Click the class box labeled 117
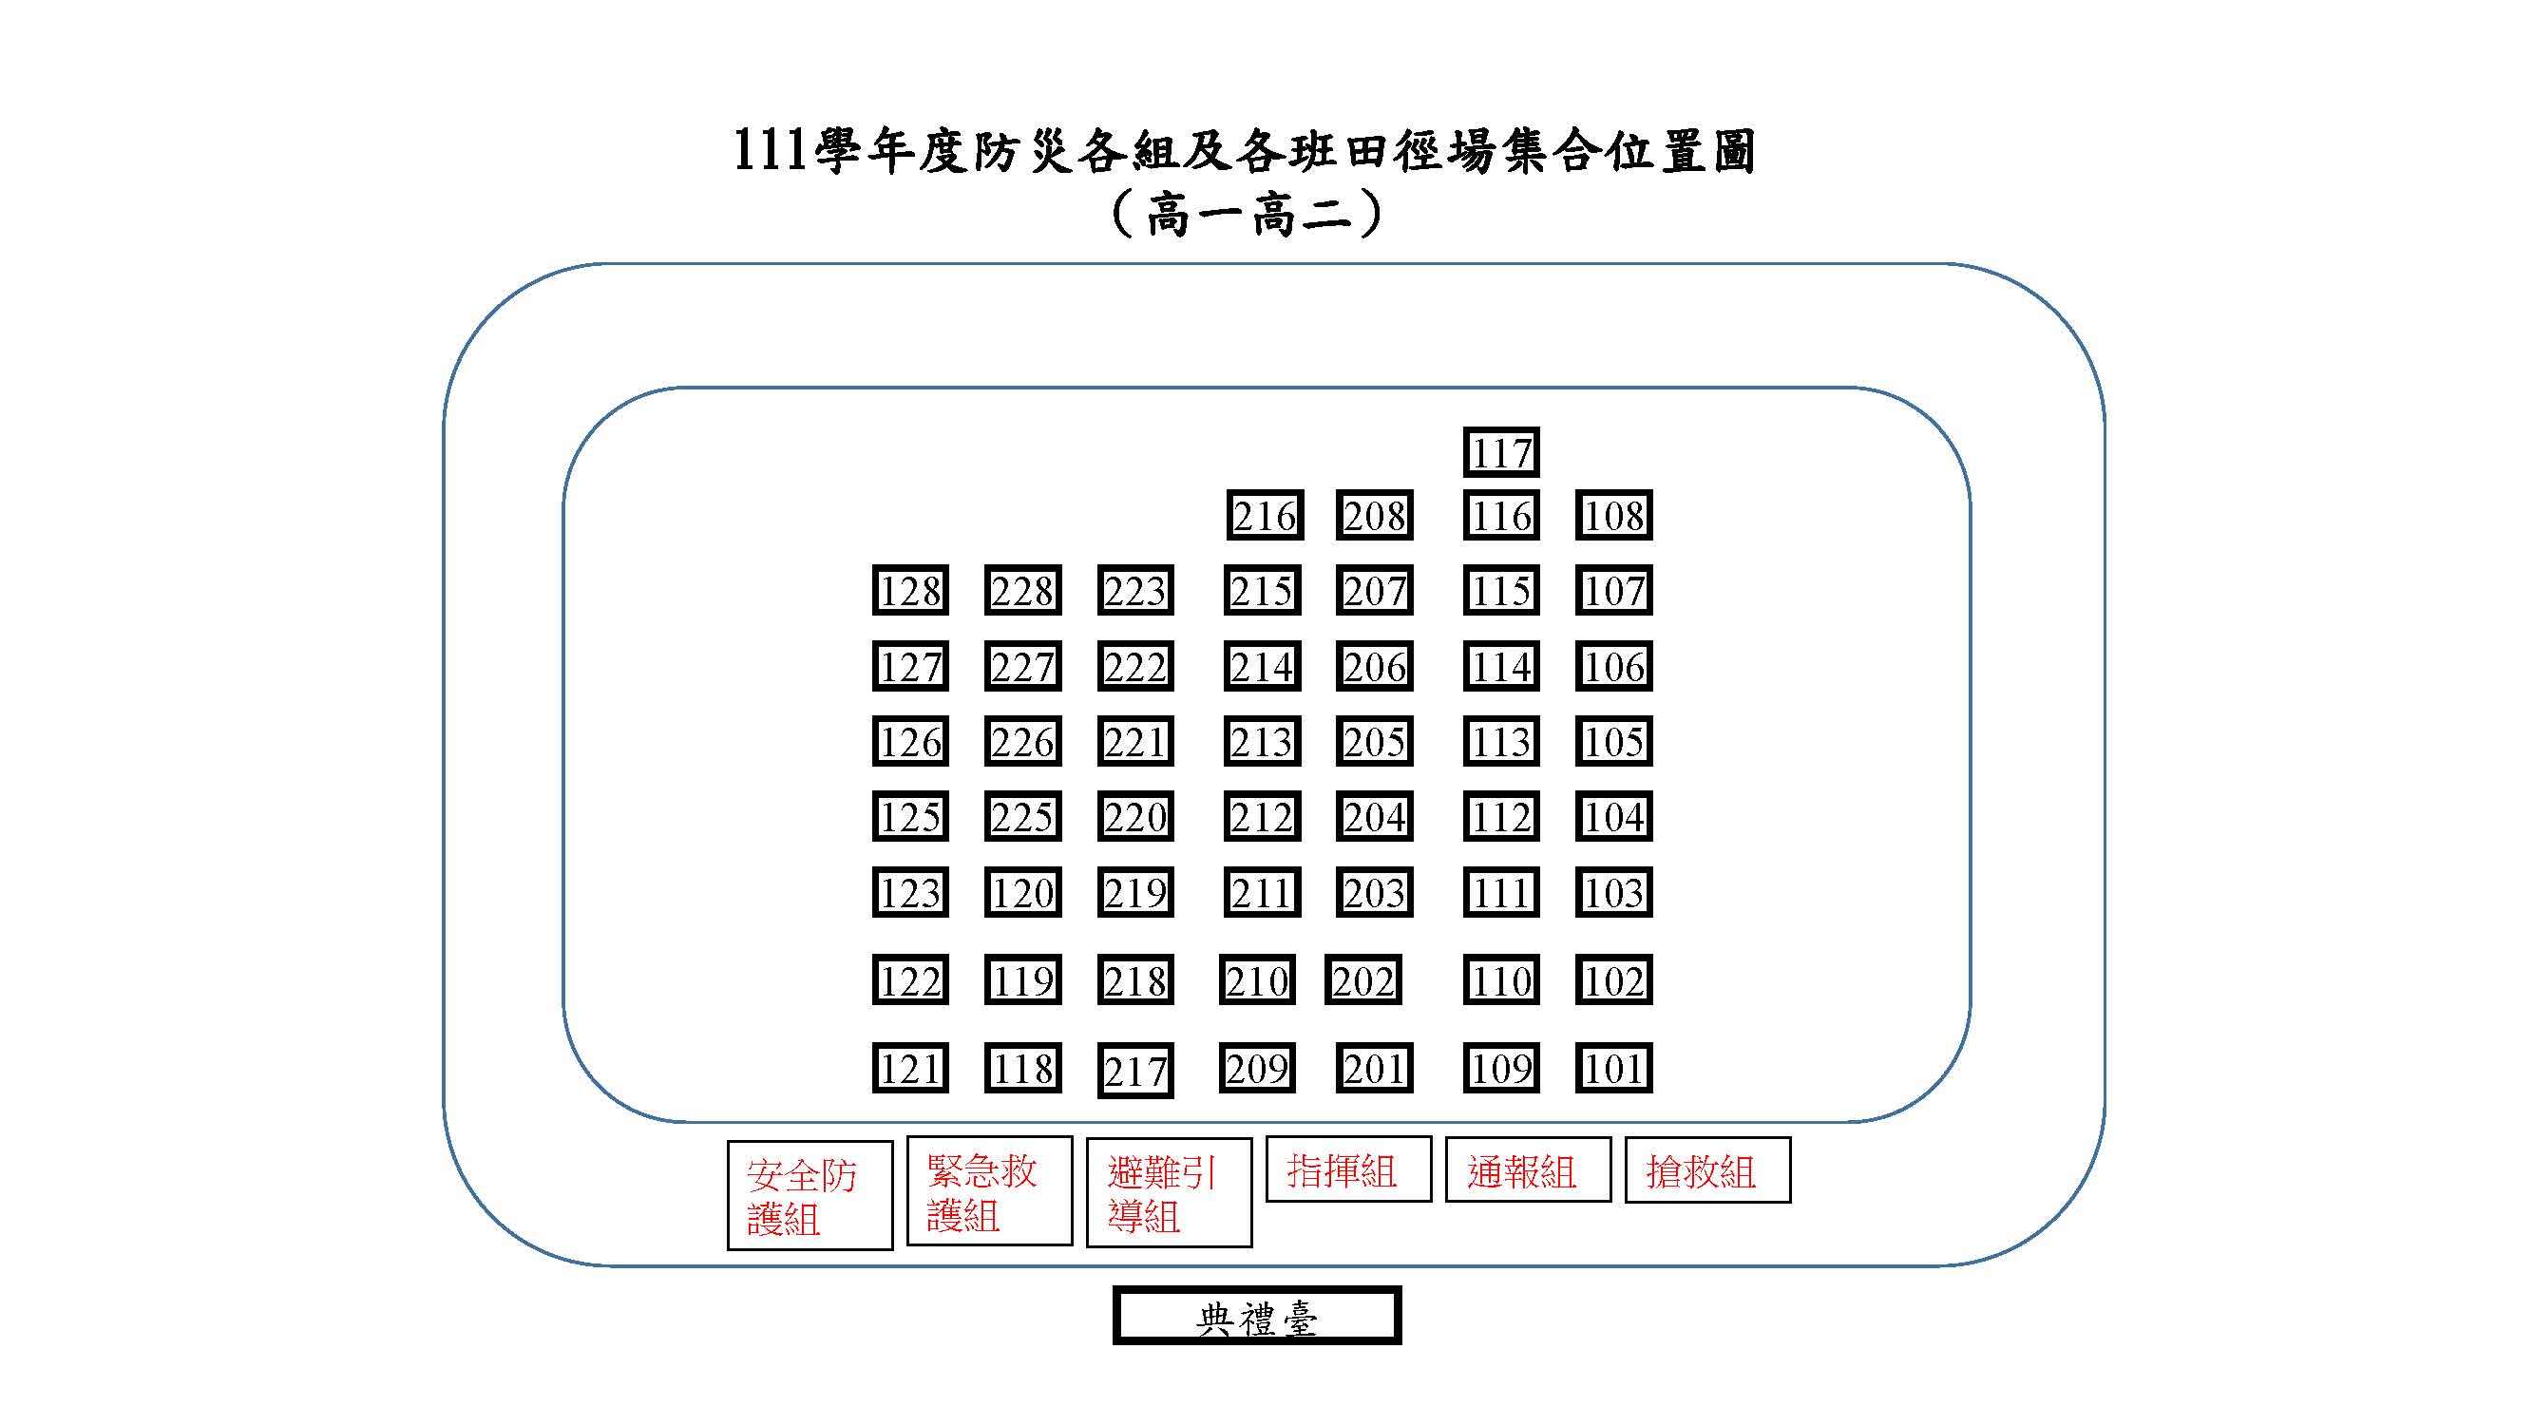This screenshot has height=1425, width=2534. coord(1500,452)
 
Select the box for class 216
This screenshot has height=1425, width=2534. coord(1264,515)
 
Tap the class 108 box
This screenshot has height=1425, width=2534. coord(1613,515)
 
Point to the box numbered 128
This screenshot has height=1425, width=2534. coord(910,590)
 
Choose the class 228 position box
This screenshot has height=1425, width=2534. coord(1022,590)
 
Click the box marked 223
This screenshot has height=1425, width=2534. coord(1135,590)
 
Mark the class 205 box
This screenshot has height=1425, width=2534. coord(1374,742)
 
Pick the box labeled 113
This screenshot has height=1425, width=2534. coord(1500,742)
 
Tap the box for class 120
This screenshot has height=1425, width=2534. coord(1022,892)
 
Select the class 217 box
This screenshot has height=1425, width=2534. coord(1135,1070)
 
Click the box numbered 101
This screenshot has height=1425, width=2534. coord(1613,1068)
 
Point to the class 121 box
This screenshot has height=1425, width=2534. coord(910,1068)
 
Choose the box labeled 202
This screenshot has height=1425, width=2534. coord(1362,979)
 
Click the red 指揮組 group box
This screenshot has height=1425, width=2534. coord(1347,1169)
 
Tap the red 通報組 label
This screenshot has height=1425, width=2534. coord(1528,1170)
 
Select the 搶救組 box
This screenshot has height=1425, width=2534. coord(1706,1170)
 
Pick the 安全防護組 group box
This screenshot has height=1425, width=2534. coord(810,1195)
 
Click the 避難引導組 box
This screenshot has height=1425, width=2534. coord(1169,1192)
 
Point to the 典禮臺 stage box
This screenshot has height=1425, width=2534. coord(1256,1316)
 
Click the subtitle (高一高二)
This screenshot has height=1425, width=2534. coord(1247,214)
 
